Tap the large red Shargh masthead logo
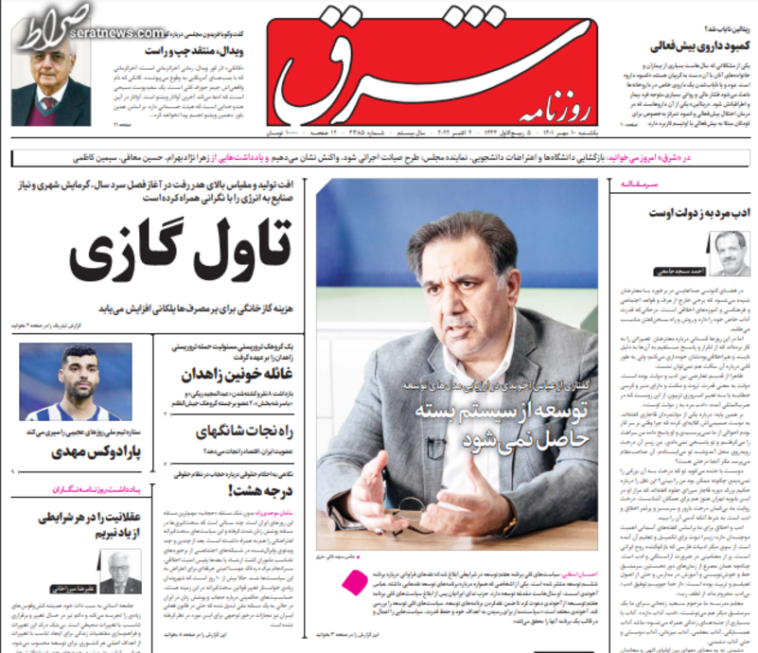[379, 71]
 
